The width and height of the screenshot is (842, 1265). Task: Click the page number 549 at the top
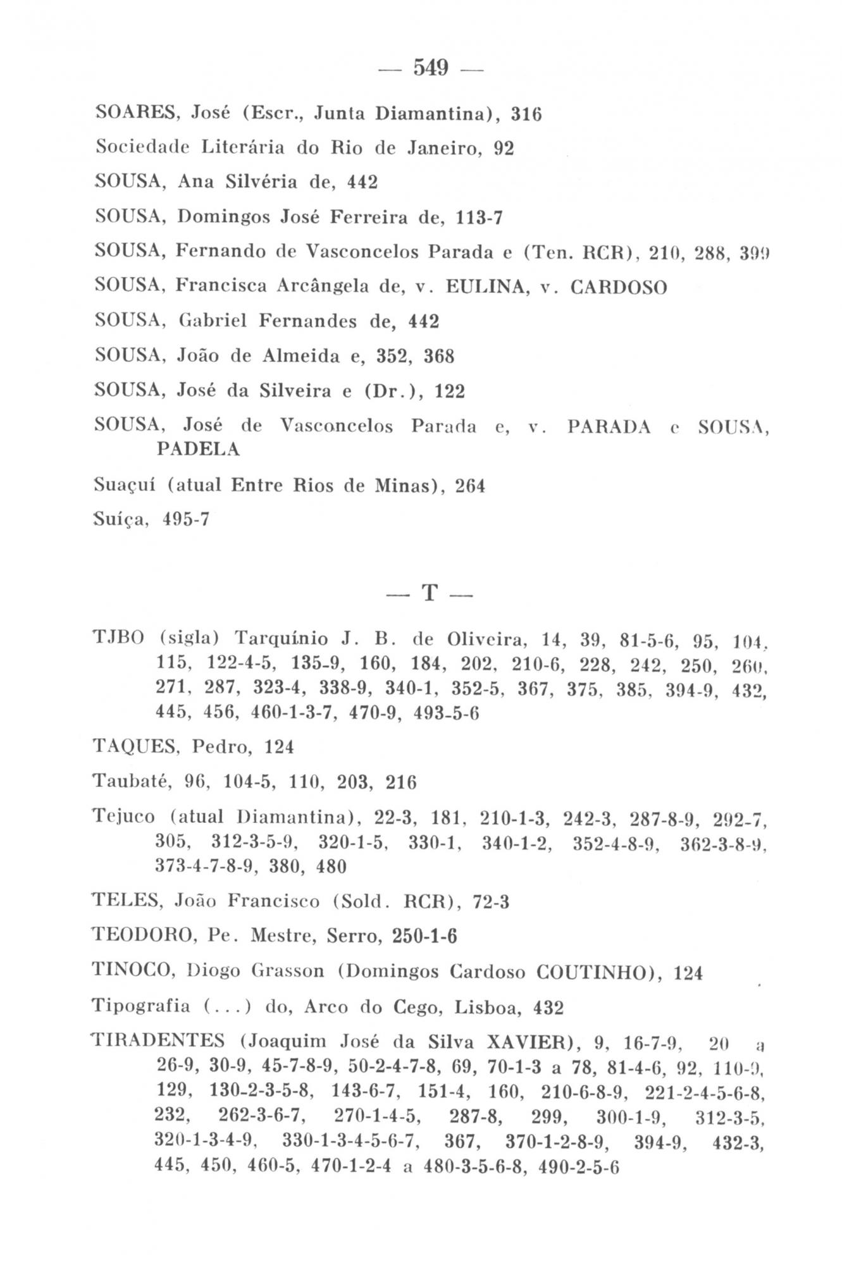click(430, 67)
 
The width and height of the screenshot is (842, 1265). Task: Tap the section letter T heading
click(430, 593)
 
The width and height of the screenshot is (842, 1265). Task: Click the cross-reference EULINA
click(480, 287)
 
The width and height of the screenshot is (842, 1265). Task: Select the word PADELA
click(198, 448)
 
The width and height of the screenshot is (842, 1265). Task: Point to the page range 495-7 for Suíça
click(185, 520)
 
